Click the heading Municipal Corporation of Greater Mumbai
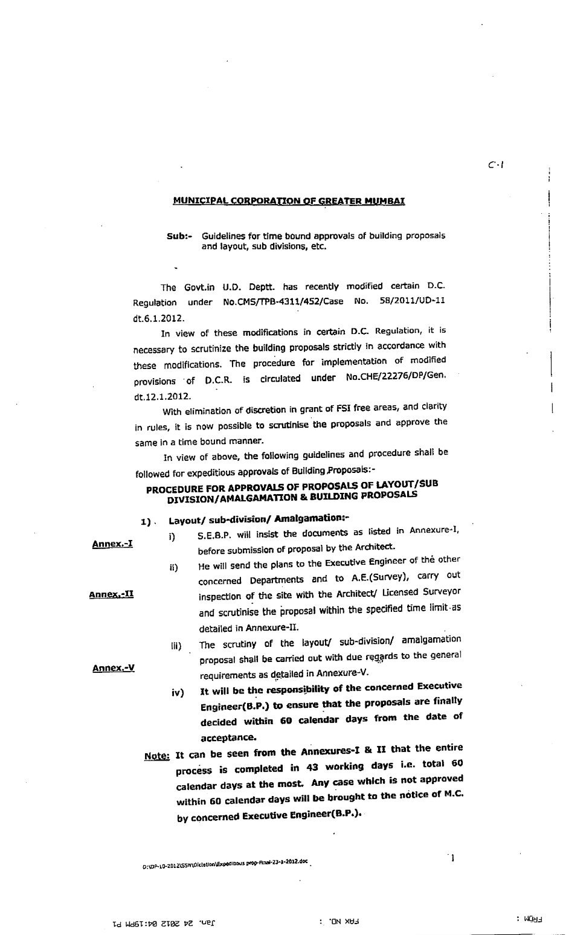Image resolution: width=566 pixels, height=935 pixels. (289, 201)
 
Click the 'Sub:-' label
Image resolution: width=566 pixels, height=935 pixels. (179, 236)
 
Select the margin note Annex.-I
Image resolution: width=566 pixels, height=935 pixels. (112, 544)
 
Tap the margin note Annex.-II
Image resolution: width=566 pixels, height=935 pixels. (111, 594)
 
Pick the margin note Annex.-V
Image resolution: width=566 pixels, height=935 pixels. (113, 668)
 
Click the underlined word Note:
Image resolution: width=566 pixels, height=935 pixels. (157, 756)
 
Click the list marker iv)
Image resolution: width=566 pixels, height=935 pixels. (177, 693)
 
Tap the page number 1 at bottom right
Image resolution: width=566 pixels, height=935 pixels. (452, 858)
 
